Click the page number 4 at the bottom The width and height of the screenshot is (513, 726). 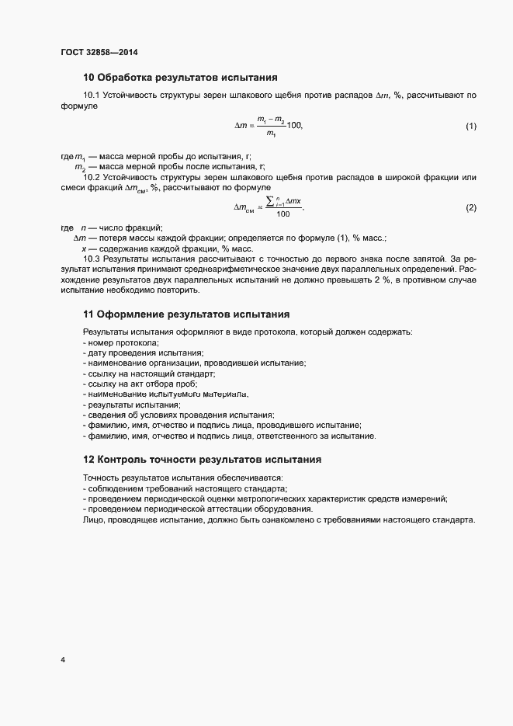(63, 660)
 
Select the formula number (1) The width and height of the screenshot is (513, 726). (470, 126)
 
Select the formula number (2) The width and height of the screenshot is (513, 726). (470, 207)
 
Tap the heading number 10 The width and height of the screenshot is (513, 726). (88, 78)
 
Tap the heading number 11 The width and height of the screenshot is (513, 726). (88, 314)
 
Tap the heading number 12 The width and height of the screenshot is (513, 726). (88, 460)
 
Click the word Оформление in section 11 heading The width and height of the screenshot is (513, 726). (130, 314)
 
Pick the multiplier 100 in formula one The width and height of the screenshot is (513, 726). (294, 125)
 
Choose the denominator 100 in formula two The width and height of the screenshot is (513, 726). (282, 214)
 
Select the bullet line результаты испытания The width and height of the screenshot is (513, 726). (133, 405)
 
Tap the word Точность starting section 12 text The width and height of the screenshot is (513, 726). (103, 477)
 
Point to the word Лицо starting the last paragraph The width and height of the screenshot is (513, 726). (95, 519)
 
